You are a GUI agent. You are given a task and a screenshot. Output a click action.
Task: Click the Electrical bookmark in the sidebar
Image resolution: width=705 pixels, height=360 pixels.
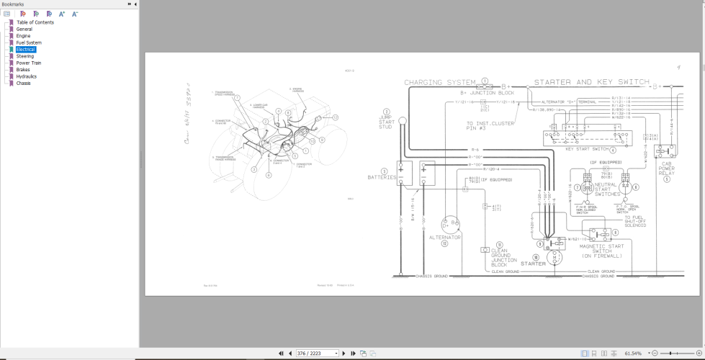pyautogui.click(x=26, y=50)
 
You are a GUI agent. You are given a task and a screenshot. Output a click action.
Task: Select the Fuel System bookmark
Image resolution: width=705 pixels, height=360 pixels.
pyautogui.click(x=29, y=42)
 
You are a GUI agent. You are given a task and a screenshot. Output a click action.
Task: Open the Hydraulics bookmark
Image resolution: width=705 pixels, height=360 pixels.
pyautogui.click(x=27, y=76)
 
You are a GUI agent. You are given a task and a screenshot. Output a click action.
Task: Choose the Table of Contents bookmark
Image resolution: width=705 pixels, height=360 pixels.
pyautogui.click(x=35, y=22)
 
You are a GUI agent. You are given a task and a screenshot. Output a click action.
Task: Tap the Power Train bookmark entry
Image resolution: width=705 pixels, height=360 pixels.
pyautogui.click(x=29, y=63)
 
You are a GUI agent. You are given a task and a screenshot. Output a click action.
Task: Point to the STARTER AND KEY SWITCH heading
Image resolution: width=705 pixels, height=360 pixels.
pyautogui.click(x=591, y=83)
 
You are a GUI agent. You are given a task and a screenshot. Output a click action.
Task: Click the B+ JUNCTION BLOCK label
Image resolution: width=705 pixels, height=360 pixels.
pyautogui.click(x=488, y=93)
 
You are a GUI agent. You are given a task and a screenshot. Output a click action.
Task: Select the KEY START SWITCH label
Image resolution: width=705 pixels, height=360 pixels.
pyautogui.click(x=586, y=149)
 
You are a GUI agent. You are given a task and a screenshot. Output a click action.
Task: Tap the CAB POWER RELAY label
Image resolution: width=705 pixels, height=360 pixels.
pyautogui.click(x=666, y=171)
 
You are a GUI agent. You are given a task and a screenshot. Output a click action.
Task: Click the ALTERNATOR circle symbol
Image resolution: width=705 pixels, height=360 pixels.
pyautogui.click(x=449, y=223)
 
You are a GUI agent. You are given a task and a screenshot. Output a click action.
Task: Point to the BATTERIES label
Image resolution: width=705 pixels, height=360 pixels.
pyautogui.click(x=382, y=177)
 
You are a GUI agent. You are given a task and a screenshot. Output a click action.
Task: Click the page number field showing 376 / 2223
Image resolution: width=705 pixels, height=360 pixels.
pyautogui.click(x=318, y=354)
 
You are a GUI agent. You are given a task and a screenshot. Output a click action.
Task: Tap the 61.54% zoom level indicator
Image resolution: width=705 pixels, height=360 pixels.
pyautogui.click(x=632, y=354)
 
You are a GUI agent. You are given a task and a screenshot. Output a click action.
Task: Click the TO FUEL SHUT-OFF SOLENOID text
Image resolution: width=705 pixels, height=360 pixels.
pyautogui.click(x=634, y=221)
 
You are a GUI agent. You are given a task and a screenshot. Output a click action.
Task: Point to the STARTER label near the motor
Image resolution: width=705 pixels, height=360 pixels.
pyautogui.click(x=534, y=264)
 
